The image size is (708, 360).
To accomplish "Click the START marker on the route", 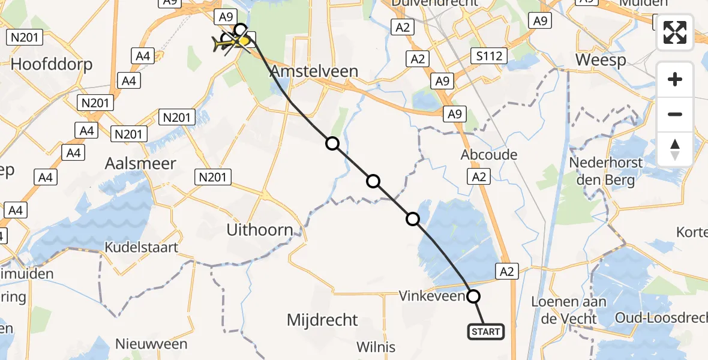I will coord(485,331).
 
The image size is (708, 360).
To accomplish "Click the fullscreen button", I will coord(675,32).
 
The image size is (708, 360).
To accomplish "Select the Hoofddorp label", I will coord(52,64).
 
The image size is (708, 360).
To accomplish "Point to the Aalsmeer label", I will coord(140,163).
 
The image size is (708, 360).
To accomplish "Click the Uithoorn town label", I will coord(259,230).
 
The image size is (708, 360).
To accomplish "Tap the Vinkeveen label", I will coord(432,296).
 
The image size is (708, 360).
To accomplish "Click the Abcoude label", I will coord(489,155).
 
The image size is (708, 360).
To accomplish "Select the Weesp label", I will coord(601,60).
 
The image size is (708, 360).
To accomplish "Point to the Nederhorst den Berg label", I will coord(605,171).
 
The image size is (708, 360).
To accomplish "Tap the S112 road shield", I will coord(490,56).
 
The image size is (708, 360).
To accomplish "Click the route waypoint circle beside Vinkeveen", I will coord(473,296).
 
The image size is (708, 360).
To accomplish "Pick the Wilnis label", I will coord(376,347).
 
